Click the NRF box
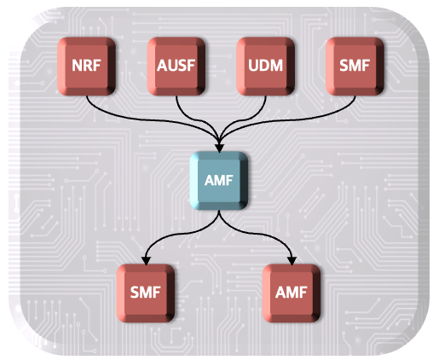point(86,67)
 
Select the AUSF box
point(176,67)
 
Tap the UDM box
point(266,67)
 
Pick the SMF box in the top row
point(355,67)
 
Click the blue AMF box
point(219,181)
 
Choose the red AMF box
point(292,293)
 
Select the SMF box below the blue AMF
point(146,293)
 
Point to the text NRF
point(86,66)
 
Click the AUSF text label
point(176,66)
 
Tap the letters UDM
point(266,66)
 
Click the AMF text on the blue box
point(219,180)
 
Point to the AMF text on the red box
point(292,293)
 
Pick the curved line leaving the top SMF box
point(284,120)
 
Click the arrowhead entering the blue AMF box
point(219,148)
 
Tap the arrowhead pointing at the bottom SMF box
point(146,260)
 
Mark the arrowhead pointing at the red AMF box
point(292,260)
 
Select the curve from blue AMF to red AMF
point(256,234)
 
